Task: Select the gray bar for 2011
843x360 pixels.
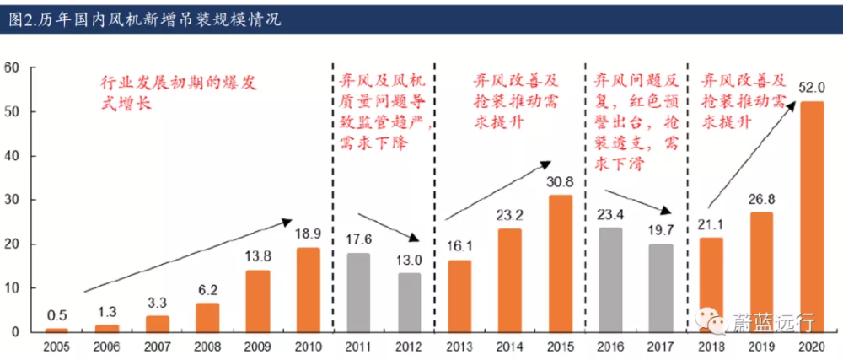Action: (358, 292)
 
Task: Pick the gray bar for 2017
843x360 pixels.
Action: (661, 287)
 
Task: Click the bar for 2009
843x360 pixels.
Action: (258, 300)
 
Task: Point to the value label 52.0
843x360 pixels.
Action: (812, 89)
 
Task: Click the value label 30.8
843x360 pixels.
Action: (561, 181)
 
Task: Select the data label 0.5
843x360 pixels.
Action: (57, 316)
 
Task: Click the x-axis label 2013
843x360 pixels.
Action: (459, 346)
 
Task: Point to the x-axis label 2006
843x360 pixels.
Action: (107, 346)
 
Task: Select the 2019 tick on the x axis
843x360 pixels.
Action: (761, 346)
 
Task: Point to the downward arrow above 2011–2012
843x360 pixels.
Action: (391, 228)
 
